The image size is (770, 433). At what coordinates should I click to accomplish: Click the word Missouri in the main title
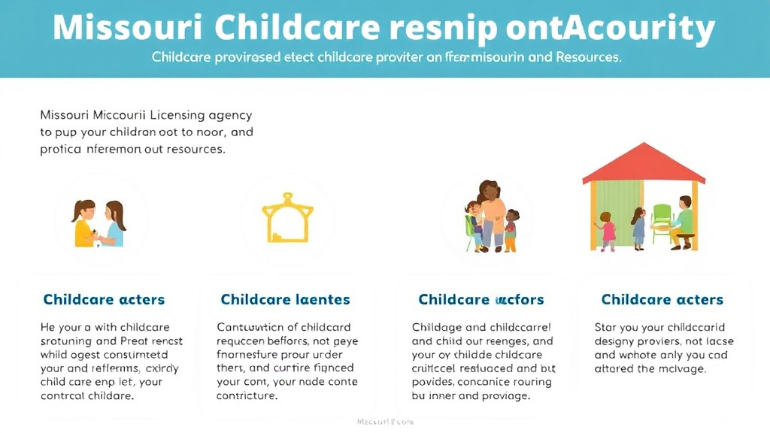coord(126,29)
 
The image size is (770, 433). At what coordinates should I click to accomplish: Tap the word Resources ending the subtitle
coord(587,57)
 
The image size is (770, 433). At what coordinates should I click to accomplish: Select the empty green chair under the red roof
coord(662,223)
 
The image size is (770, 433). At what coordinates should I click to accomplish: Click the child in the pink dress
coord(608,231)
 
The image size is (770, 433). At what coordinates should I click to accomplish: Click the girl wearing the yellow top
coord(84,223)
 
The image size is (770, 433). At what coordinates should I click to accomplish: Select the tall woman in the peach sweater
coord(492,214)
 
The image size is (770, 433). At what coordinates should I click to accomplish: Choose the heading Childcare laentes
coord(285,299)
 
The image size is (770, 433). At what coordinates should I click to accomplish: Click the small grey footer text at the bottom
coord(384,422)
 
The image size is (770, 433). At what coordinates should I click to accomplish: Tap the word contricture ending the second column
coord(247,395)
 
